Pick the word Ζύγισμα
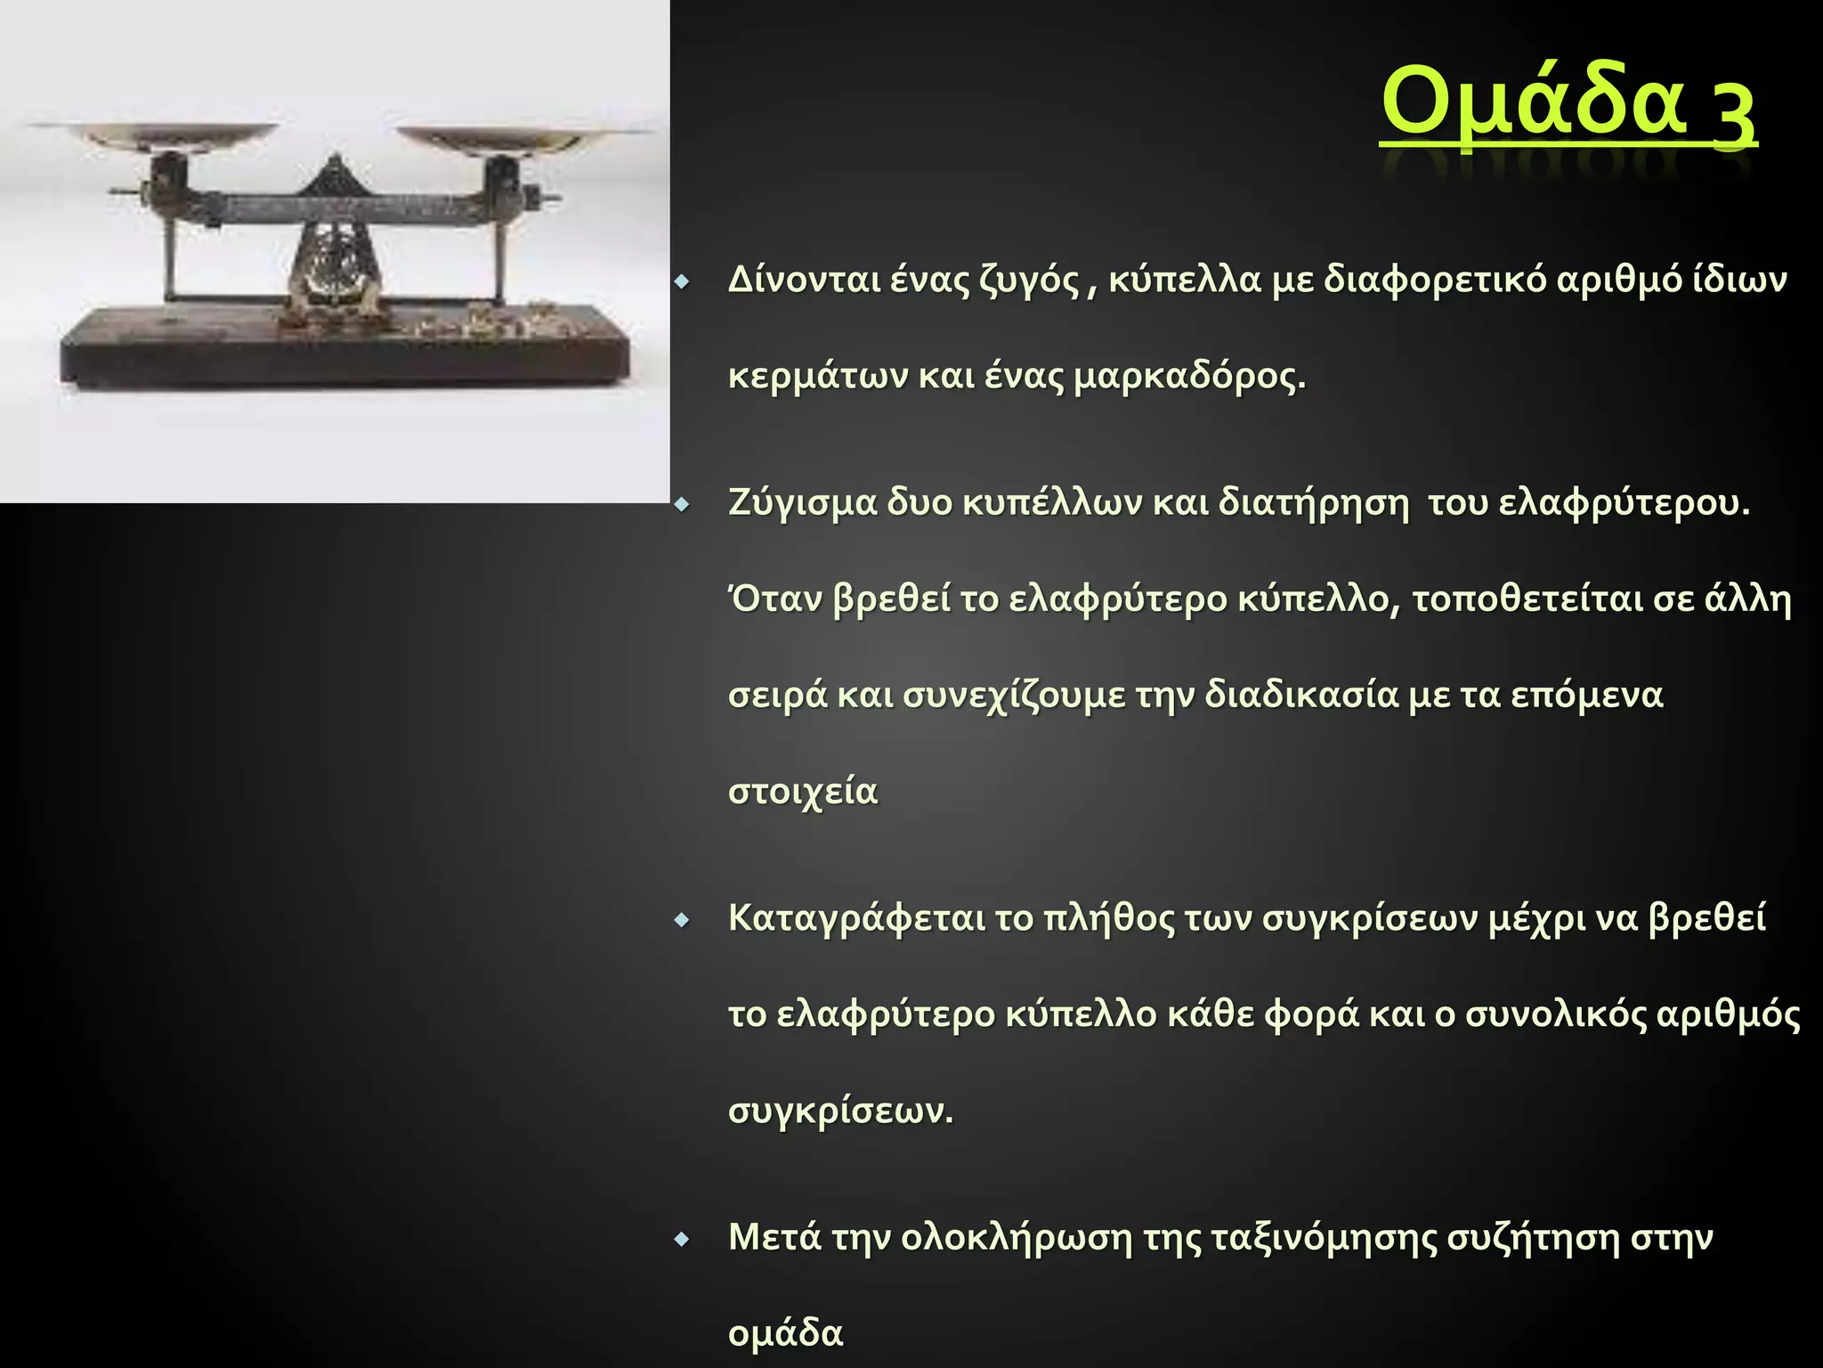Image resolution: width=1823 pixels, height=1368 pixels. click(x=801, y=504)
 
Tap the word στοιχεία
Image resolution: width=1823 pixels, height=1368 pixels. click(x=803, y=791)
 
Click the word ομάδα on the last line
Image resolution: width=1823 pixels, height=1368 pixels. click(x=785, y=1333)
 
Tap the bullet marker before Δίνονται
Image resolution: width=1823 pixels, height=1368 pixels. click(x=682, y=283)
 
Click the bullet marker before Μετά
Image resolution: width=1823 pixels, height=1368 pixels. click(x=682, y=1240)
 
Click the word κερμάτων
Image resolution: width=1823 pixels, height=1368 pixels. click(x=817, y=377)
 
